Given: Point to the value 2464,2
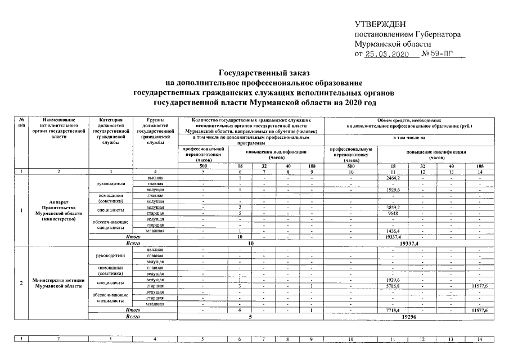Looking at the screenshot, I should point(390,178).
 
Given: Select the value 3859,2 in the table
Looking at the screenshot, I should point(390,208).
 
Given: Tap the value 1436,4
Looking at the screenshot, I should point(390,232).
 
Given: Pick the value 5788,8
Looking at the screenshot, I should point(390,286).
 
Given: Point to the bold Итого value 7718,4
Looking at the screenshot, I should point(390,310).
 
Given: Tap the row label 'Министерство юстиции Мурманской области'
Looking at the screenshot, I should point(58,283).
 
